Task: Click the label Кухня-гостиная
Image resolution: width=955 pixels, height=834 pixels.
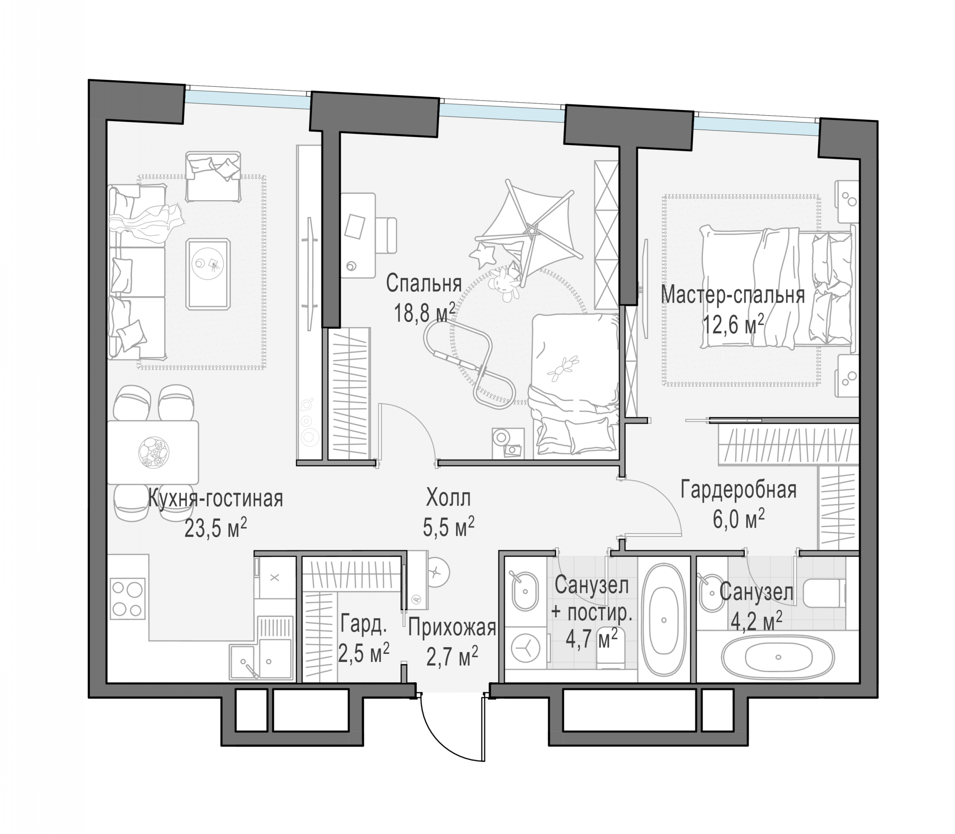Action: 216,499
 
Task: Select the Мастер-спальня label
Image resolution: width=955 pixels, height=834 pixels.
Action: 733,296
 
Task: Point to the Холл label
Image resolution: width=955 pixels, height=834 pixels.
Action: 449,498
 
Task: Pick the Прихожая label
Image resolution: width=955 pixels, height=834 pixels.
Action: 452,628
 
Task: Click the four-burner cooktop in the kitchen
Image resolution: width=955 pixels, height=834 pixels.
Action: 128,598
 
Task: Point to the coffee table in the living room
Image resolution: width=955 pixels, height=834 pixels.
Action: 208,274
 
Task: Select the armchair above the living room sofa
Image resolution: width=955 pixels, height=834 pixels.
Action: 213,176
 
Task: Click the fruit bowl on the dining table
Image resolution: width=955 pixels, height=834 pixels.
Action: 154,452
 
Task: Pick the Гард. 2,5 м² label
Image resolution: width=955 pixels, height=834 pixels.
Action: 364,638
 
